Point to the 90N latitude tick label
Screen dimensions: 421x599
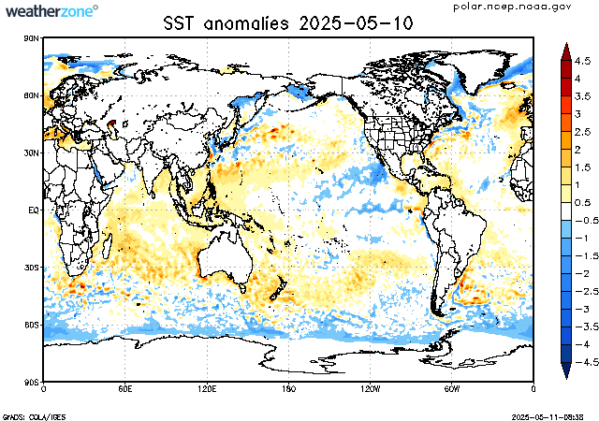tap(31, 38)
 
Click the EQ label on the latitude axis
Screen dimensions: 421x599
tap(33, 210)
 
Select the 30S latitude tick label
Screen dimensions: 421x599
tap(31, 268)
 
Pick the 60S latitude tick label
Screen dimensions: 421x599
tap(31, 325)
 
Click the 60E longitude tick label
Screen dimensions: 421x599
tap(124, 388)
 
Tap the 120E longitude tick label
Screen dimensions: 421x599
tap(207, 388)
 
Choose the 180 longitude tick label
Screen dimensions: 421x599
tap(288, 388)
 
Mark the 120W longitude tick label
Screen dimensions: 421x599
tap(370, 388)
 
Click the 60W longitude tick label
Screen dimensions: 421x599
tap(451, 388)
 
